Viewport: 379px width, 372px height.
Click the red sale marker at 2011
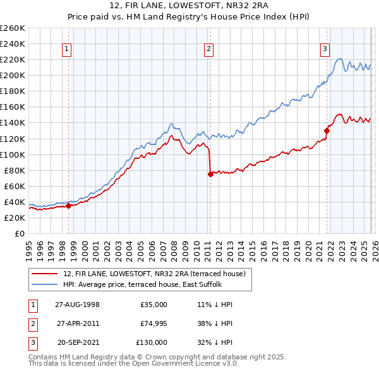[210, 174]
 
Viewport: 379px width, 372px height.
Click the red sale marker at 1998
[69, 206]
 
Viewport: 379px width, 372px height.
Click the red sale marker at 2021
[327, 131]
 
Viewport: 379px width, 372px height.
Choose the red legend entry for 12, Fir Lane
[158, 273]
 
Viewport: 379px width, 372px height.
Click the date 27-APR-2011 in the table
[77, 323]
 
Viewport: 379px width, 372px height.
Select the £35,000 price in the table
[154, 305]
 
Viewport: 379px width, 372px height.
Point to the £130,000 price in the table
[152, 342]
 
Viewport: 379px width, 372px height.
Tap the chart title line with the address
[189, 7]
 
